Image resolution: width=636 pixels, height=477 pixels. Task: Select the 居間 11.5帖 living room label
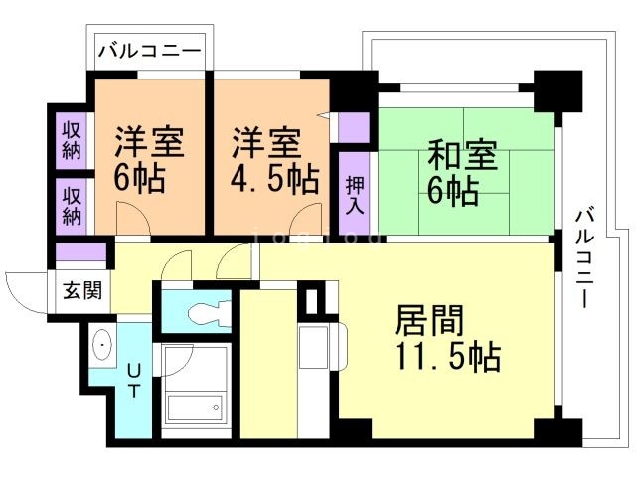point(447,338)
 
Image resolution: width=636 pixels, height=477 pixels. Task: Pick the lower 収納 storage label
point(72,203)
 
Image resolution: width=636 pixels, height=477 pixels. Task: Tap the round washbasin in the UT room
point(103,346)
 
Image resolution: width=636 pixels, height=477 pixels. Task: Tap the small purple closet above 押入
point(354,127)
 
